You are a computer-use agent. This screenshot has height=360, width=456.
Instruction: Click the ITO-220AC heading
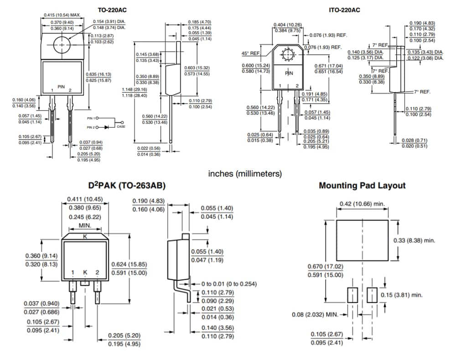(x=345, y=10)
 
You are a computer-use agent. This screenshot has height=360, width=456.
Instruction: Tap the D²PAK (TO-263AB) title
(x=127, y=186)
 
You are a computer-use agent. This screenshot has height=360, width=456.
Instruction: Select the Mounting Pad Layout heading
(x=362, y=186)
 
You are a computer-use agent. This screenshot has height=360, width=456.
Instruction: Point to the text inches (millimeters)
(x=245, y=174)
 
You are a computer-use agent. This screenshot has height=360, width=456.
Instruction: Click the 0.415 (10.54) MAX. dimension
(x=62, y=15)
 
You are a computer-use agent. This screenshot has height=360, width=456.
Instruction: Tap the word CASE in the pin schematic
(x=121, y=126)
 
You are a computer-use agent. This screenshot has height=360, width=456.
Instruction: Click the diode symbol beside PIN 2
(x=107, y=127)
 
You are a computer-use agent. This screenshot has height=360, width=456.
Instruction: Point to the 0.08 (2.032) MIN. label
(x=316, y=314)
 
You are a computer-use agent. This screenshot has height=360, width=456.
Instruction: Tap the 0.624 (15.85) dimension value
(x=129, y=264)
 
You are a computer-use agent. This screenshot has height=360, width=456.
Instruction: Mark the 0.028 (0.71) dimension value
(x=414, y=140)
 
